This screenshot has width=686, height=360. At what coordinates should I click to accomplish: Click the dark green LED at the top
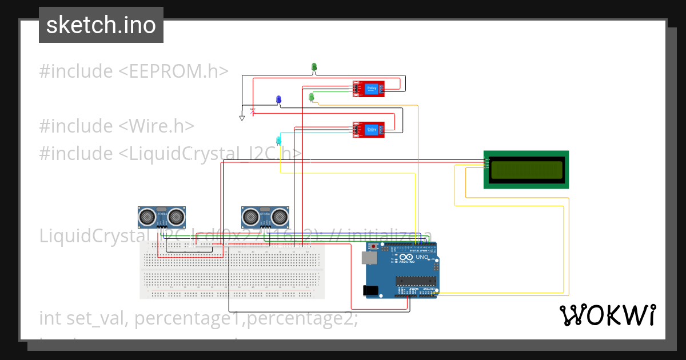[314, 67]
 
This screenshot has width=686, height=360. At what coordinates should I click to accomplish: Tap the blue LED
[278, 100]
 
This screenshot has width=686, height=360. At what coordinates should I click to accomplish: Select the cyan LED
[278, 140]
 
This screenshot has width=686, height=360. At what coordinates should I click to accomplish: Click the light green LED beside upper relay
[311, 97]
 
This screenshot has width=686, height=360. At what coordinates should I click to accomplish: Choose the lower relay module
[369, 130]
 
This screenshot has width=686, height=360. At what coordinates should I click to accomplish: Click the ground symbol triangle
[242, 118]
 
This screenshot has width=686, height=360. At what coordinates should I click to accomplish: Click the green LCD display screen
[526, 170]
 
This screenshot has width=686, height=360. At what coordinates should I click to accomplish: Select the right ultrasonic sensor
[265, 217]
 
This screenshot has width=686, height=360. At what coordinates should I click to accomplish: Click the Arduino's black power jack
[372, 290]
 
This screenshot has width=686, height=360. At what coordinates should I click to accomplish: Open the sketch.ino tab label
[101, 25]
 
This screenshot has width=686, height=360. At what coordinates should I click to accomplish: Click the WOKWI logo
[607, 315]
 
